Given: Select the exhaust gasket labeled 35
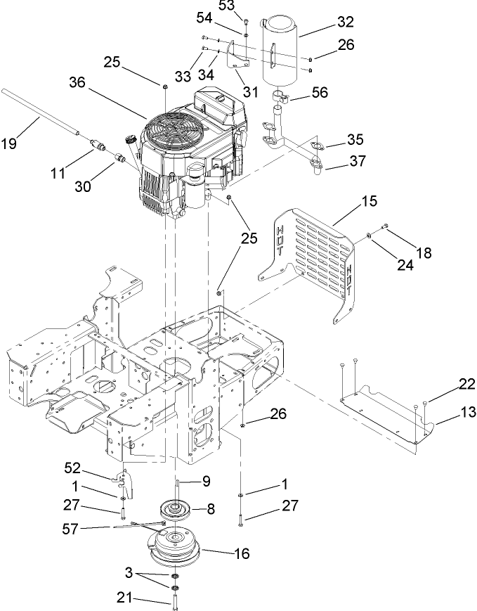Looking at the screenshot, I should click(x=314, y=148).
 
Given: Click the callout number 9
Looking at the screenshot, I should click(x=207, y=481).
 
